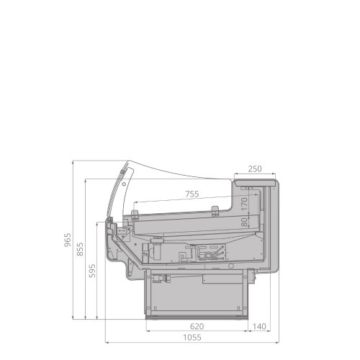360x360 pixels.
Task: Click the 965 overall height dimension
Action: coord(68,239)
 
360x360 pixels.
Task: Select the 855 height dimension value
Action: coord(81,249)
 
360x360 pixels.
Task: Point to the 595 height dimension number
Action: coord(92,271)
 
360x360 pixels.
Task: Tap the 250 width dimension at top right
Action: coord(255,169)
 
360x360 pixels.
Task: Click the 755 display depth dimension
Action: coord(192,194)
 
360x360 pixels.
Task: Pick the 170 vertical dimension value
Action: coord(244,204)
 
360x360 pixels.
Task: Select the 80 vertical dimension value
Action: coord(244,222)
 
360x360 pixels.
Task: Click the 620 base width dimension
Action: coord(197,326)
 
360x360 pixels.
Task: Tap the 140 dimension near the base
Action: coord(259,326)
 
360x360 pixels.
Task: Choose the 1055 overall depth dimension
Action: coord(192,338)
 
